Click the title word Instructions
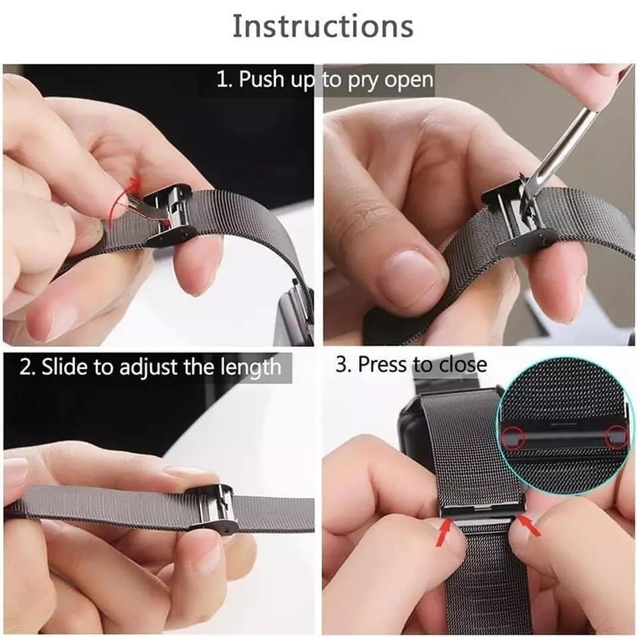(323, 27)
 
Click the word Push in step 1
(261, 78)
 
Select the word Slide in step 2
(64, 366)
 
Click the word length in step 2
(251, 368)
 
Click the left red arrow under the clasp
(445, 533)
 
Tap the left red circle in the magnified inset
(513, 437)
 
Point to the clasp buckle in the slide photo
(210, 508)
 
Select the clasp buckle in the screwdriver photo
(517, 220)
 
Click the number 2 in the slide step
(25, 367)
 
